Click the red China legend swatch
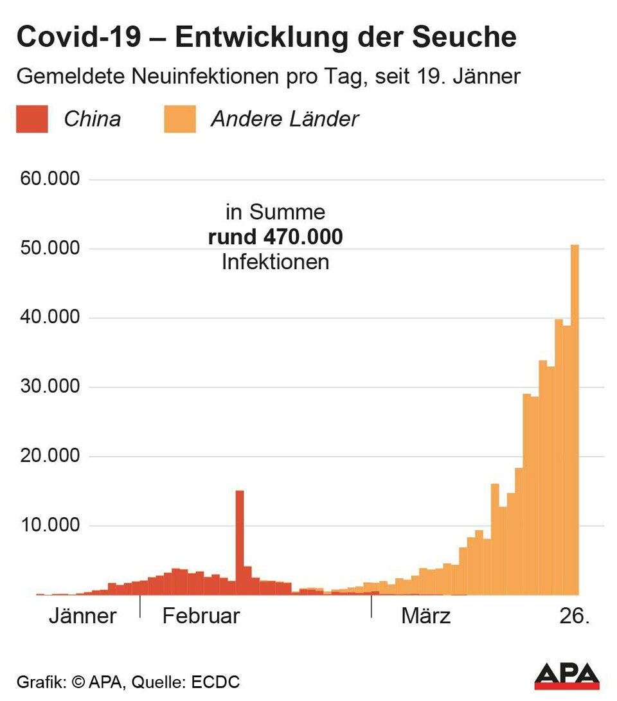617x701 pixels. (x=32, y=120)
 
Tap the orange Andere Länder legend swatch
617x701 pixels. (x=180, y=120)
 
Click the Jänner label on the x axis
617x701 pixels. (x=83, y=616)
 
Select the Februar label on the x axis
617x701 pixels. (x=201, y=616)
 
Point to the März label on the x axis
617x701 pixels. (x=426, y=616)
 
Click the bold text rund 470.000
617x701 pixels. (x=275, y=237)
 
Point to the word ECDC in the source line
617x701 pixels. (x=217, y=682)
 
